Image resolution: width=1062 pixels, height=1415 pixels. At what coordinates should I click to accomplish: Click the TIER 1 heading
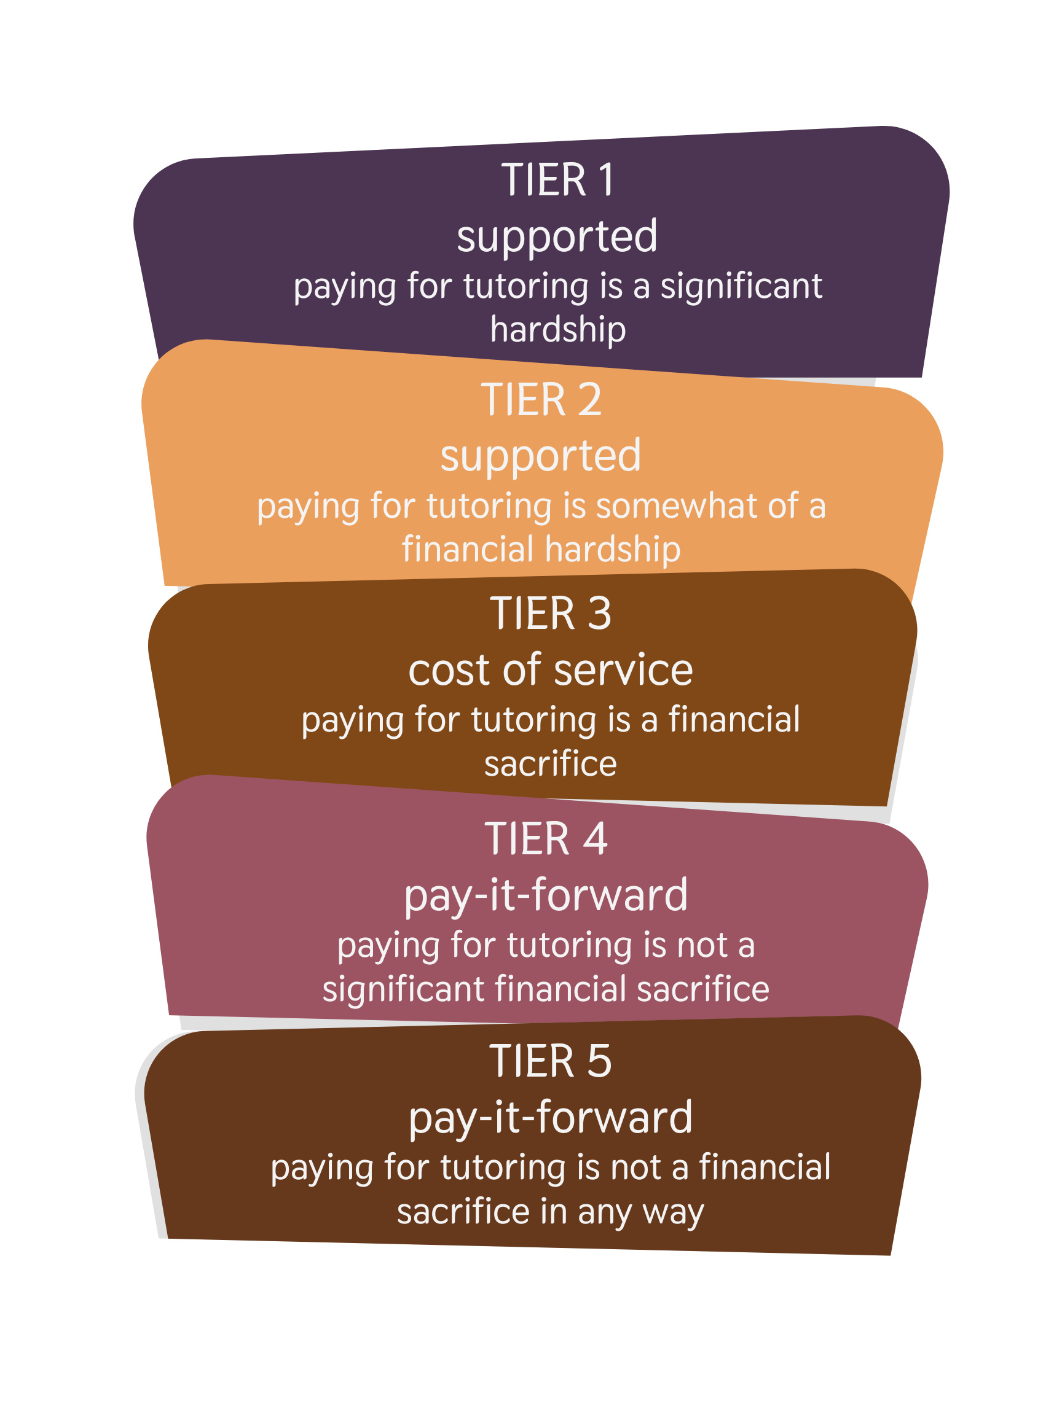click(557, 181)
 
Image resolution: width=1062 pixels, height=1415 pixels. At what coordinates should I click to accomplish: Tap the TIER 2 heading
click(541, 400)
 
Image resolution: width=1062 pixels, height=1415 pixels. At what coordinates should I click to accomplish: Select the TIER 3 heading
click(551, 614)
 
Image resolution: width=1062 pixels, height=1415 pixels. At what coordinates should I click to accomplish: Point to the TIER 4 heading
click(546, 840)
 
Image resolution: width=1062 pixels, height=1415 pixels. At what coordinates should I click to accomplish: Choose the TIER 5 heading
click(551, 1061)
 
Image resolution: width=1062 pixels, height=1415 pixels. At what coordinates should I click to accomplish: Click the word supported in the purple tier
click(557, 237)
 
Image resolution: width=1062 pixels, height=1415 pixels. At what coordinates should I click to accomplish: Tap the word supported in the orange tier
click(541, 457)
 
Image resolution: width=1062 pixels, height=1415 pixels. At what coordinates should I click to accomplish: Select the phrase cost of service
click(551, 671)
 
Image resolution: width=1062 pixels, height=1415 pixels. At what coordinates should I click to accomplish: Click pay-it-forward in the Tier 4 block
click(546, 895)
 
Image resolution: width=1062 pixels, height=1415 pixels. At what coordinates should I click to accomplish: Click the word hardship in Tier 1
click(557, 330)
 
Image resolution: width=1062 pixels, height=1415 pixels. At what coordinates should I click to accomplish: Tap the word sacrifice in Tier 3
click(551, 765)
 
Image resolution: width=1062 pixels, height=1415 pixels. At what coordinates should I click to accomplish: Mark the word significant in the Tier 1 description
click(741, 287)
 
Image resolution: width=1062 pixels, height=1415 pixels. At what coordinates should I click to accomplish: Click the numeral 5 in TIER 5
click(599, 1061)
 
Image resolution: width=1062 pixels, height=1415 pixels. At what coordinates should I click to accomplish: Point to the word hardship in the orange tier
click(613, 550)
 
